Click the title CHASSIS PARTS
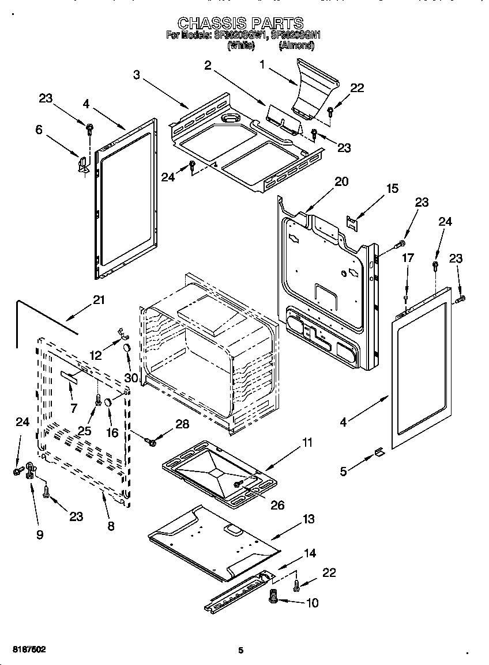tap(240, 23)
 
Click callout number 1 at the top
tap(263, 65)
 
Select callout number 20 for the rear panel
tap(341, 181)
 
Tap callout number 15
tap(392, 188)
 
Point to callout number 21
tap(99, 299)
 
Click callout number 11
tap(307, 443)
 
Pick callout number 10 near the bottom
tap(313, 603)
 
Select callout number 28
tap(182, 424)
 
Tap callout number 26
tap(277, 505)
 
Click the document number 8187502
tap(26, 649)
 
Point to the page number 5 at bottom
tap(241, 650)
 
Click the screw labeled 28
tap(152, 442)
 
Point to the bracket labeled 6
tap(83, 164)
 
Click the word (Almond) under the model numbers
tap(296, 45)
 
